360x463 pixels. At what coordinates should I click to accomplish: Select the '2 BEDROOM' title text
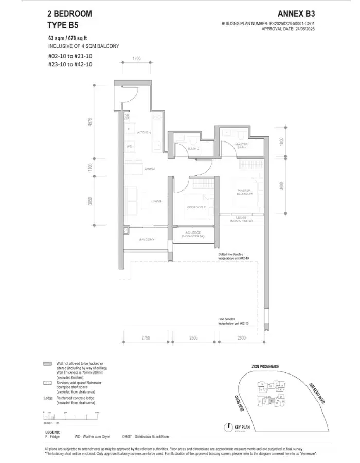coord(69,14)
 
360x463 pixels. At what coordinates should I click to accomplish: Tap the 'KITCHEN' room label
coord(143,132)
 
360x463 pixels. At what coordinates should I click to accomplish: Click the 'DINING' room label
coord(150,168)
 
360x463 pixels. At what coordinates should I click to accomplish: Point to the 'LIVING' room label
coord(156,201)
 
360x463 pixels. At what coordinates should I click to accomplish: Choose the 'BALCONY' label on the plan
coord(147,240)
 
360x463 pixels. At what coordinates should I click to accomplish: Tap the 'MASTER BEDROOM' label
coord(244,192)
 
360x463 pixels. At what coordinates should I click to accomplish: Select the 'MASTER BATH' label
coord(241,146)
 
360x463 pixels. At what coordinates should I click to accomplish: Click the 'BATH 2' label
coord(193,148)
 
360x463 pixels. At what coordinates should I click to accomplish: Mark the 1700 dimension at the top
coord(136,58)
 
